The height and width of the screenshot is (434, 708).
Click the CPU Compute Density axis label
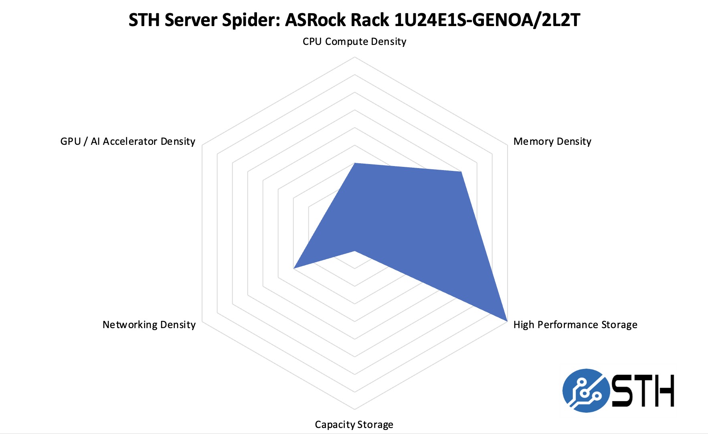[354, 42]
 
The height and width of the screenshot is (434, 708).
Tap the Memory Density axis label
[552, 142]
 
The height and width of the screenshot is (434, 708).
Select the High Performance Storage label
[575, 324]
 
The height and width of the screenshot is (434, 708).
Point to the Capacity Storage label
[354, 424]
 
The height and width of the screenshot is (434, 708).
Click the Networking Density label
[149, 324]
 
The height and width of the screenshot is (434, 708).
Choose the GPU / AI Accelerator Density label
[127, 142]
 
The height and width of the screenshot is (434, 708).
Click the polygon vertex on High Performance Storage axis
[507, 321]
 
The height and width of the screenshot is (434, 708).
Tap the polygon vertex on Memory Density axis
[461, 172]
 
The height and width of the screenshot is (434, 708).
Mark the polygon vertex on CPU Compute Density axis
[354, 163]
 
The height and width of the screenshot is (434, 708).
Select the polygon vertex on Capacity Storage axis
[354, 251]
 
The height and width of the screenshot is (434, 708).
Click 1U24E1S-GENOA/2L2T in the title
[487, 20]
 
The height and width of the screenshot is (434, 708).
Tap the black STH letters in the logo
[643, 390]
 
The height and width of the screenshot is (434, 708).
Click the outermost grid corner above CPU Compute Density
[354, 57]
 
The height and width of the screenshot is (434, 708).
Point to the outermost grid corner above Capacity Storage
[354, 410]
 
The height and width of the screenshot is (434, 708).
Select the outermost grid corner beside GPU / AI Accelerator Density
[202, 145]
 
